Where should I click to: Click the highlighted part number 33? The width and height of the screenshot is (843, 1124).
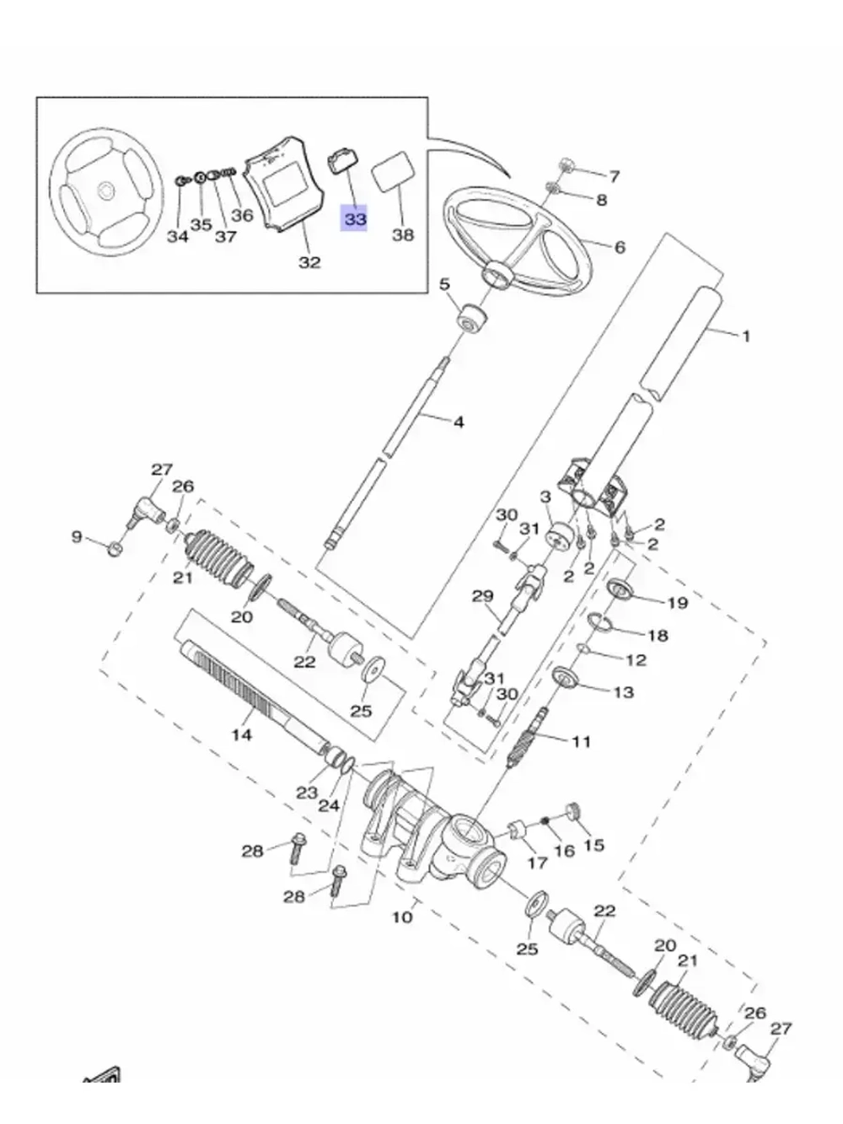pos(354,219)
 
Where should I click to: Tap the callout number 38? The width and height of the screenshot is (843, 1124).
pos(403,235)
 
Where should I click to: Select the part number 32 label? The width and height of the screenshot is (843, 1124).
pos(309,263)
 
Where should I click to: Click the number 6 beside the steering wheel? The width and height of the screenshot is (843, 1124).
pos(620,247)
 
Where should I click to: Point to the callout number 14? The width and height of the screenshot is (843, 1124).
pos(242,735)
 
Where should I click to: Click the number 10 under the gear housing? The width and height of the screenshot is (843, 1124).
pos(402,917)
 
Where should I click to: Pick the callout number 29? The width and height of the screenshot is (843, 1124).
pos(482,596)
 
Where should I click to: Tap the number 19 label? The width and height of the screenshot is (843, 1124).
pos(677,603)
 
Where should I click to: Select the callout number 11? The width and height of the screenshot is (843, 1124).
pos(581,741)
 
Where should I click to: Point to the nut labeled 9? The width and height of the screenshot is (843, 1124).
pos(116,548)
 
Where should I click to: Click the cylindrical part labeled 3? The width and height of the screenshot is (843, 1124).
pos(558,536)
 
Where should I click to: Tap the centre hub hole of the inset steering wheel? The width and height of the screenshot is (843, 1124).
pos(106,192)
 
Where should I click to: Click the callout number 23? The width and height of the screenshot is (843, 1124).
pos(307,793)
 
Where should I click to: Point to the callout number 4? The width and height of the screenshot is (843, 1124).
pos(459,422)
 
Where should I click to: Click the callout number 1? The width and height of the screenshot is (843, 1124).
pos(746,336)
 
